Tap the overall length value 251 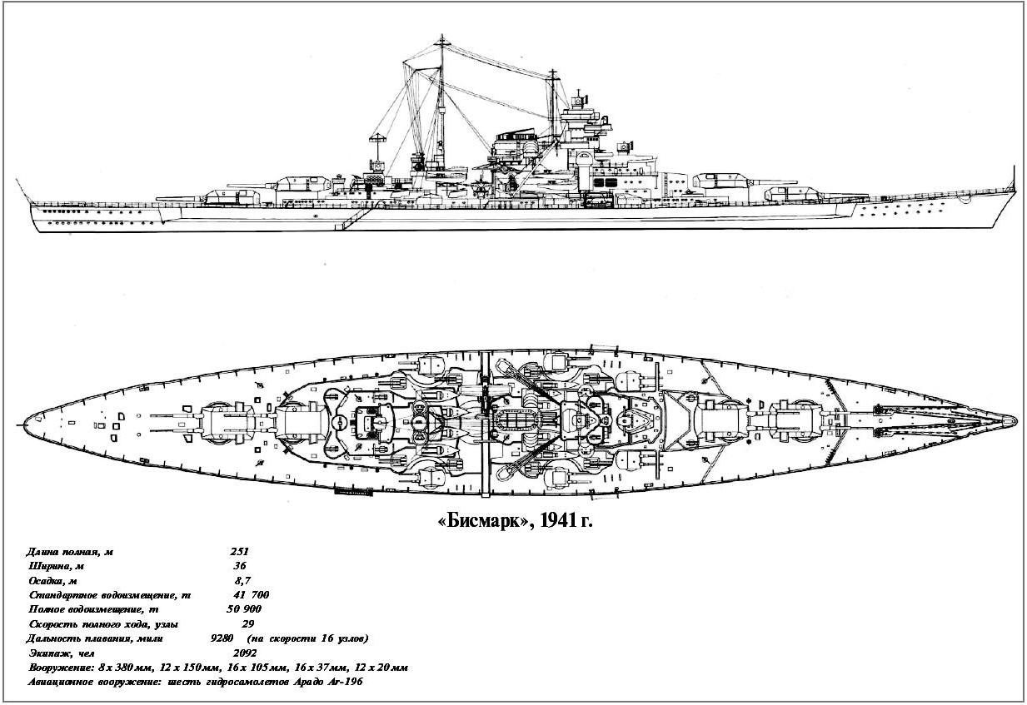click(239, 552)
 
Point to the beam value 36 click(240, 566)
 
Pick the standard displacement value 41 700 click(251, 595)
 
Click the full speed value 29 click(247, 624)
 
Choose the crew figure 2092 click(245, 653)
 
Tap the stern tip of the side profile click(30, 203)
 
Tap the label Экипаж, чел click(62, 653)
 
